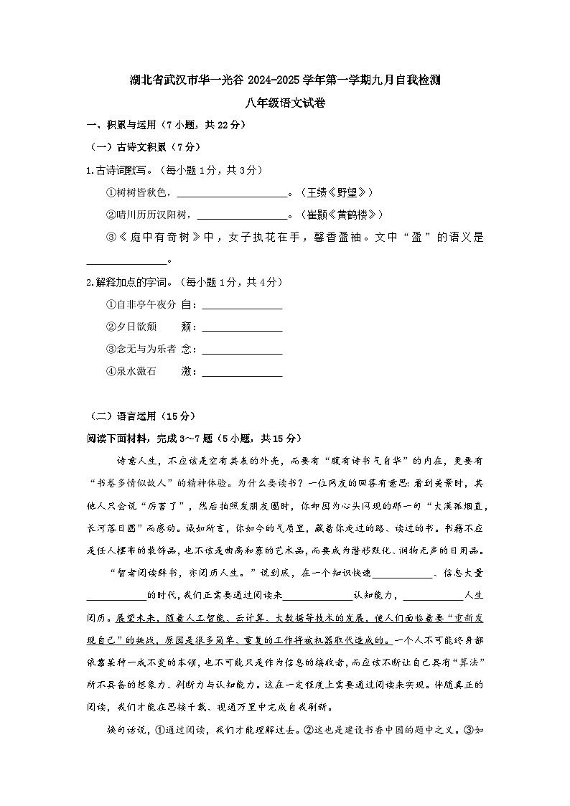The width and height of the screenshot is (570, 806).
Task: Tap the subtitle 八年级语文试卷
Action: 284,103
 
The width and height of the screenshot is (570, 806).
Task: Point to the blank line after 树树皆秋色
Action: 231,194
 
